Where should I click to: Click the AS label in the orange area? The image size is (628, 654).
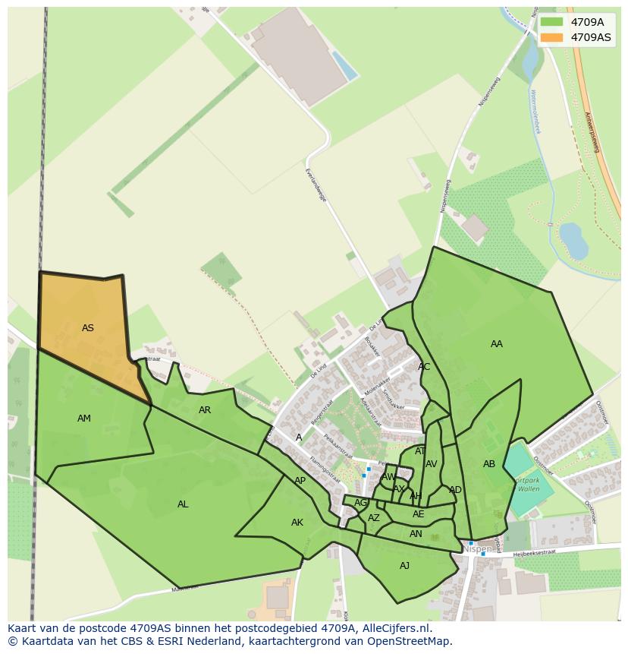(88, 328)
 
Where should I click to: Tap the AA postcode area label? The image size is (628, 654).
(497, 344)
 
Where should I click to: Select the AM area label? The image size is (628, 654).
(84, 419)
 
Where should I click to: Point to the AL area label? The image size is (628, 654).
(183, 504)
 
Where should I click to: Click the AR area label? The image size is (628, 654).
(205, 410)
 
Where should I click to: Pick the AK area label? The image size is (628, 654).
(297, 523)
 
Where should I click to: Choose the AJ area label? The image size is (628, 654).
(405, 565)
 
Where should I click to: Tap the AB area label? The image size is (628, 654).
(489, 464)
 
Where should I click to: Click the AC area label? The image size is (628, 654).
(424, 367)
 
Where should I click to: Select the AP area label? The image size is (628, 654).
(300, 481)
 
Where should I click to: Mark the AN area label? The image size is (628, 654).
(416, 534)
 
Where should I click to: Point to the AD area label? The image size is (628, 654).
(455, 490)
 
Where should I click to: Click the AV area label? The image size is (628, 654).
(432, 464)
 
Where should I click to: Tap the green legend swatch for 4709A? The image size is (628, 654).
(551, 22)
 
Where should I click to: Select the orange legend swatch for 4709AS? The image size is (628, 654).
(551, 37)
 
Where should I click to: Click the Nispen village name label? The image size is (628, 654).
(477, 548)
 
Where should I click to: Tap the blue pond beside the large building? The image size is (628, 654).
(344, 66)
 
